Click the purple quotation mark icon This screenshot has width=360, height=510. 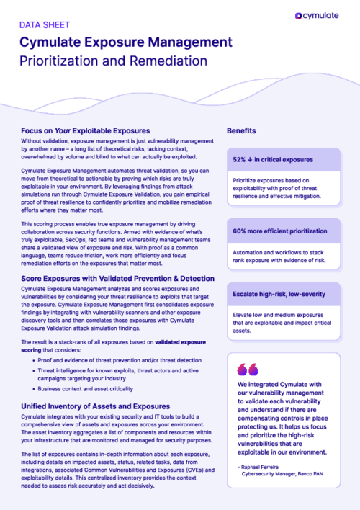(x=247, y=370)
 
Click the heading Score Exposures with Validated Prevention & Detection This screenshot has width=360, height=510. (x=117, y=278)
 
